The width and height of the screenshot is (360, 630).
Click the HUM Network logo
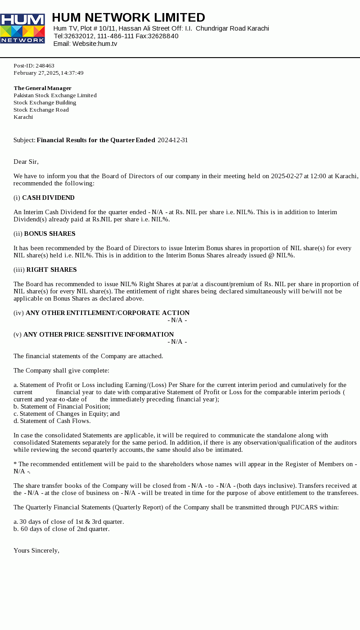point(22,28)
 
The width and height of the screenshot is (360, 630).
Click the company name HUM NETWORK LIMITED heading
point(128,18)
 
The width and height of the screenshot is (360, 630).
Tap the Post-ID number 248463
point(45,66)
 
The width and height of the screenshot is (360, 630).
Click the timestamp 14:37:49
point(72,73)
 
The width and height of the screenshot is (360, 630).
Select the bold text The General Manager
point(42,88)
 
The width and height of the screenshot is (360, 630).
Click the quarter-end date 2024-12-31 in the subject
point(173,140)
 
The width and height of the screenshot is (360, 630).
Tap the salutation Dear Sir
point(26,162)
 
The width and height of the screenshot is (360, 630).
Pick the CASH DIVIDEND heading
point(48,198)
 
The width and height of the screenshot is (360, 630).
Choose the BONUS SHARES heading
point(49,234)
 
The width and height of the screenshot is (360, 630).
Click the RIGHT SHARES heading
point(51,270)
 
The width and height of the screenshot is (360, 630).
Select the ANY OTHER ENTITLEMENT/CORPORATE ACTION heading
point(108,313)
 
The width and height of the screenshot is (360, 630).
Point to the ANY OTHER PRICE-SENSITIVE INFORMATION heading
point(99,334)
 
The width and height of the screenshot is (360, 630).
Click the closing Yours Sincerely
point(36,550)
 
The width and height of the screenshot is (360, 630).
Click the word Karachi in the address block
point(23,117)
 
